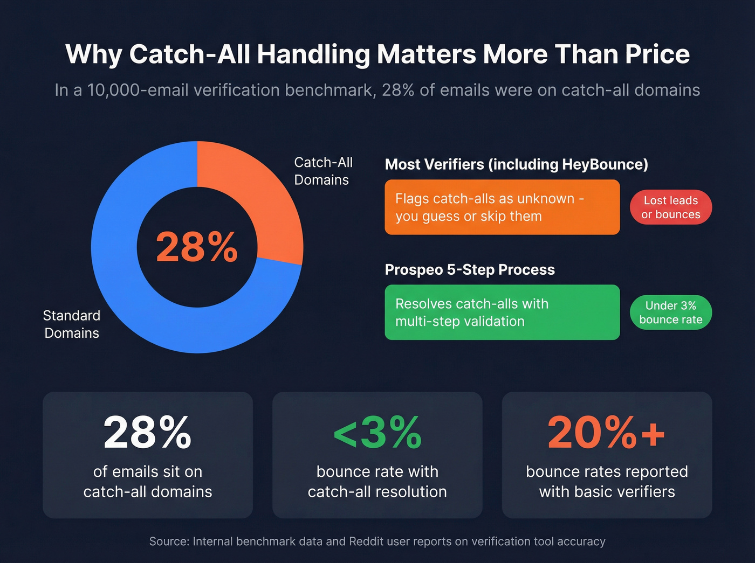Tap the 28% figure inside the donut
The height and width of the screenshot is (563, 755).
(197, 247)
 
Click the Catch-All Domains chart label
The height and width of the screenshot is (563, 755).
(323, 171)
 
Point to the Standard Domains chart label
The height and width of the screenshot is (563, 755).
(72, 324)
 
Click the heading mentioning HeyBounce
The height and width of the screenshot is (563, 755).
(516, 164)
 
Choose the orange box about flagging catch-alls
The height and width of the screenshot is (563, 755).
(502, 207)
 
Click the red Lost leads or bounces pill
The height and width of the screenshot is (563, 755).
(670, 207)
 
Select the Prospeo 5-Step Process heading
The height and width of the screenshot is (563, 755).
(469, 269)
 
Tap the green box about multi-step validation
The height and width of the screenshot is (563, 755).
(502, 312)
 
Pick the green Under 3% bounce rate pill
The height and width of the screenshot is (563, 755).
(670, 312)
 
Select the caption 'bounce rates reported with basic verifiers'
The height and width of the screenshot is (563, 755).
(607, 481)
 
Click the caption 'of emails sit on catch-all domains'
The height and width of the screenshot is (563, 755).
(147, 481)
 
